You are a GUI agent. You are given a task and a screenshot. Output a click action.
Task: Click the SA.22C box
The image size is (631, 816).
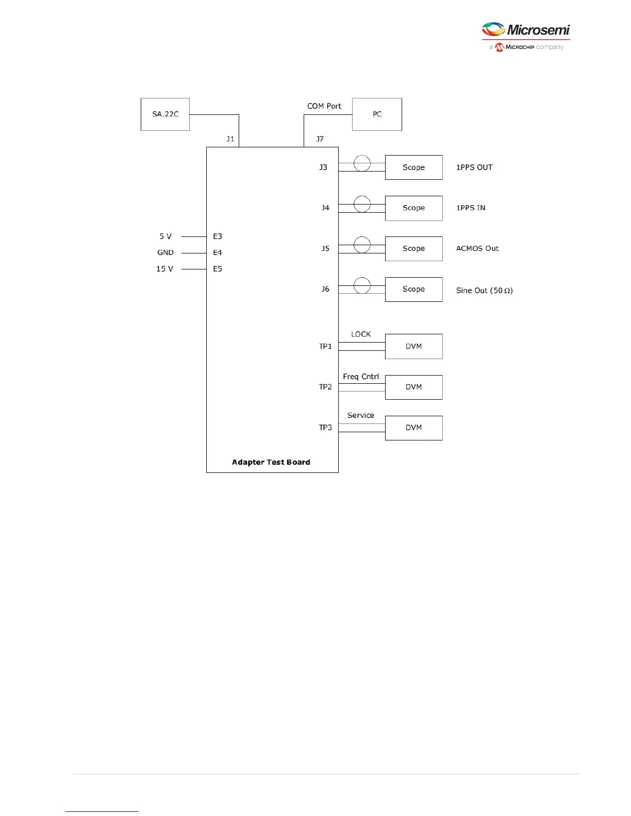(165, 114)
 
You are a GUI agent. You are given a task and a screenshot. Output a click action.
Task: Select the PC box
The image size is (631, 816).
(377, 114)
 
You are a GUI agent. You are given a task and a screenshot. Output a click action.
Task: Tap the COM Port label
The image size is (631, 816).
(324, 106)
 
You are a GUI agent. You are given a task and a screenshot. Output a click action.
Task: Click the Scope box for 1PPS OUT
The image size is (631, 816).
(413, 167)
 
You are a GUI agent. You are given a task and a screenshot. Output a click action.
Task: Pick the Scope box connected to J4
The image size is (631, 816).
(413, 208)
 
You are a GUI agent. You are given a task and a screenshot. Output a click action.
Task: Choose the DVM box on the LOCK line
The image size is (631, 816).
(413, 346)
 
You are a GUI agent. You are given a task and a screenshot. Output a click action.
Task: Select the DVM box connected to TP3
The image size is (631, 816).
(413, 428)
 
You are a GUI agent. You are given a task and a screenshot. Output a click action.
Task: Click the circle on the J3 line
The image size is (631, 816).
(362, 164)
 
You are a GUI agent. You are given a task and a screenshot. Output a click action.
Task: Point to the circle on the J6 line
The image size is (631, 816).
(362, 285)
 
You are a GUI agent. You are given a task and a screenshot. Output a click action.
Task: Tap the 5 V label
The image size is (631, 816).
(165, 236)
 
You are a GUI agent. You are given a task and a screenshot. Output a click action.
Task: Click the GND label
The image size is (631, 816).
(165, 252)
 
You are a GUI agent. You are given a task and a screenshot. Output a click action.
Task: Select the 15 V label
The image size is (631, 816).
(165, 269)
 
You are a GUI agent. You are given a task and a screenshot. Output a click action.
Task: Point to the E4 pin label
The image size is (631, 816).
(218, 252)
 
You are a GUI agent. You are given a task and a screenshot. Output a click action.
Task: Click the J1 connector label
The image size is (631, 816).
(230, 139)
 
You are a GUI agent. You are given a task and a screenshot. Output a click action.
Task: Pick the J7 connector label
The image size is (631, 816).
(320, 139)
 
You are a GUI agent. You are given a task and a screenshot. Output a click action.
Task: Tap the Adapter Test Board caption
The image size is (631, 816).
(271, 462)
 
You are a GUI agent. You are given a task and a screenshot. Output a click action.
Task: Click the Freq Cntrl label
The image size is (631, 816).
(361, 377)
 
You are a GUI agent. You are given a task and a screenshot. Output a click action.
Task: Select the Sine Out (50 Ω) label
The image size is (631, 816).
(484, 291)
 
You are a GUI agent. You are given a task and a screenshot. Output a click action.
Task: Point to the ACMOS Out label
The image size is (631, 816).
(477, 248)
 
